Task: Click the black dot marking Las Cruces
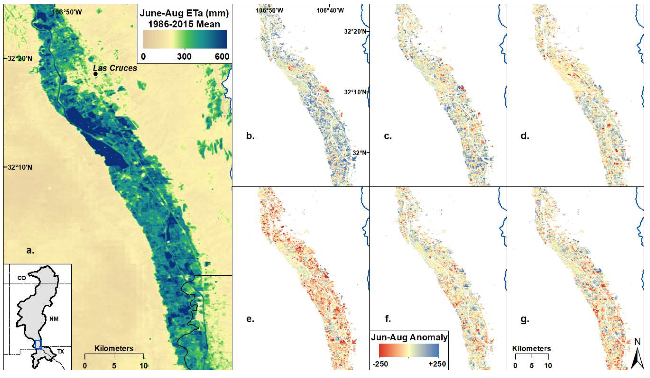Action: click(95, 74)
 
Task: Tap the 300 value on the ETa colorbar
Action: click(184, 56)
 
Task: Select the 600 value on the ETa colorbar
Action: click(222, 56)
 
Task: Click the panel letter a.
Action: click(30, 250)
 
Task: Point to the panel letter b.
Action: click(250, 136)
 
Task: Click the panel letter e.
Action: click(250, 319)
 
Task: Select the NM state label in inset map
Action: click(54, 319)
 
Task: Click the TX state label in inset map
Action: click(60, 351)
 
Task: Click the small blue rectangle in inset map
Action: click(38, 344)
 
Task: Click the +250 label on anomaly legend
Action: click(437, 364)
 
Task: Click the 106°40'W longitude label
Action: click(330, 10)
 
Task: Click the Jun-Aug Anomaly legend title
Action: click(409, 337)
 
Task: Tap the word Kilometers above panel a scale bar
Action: click(114, 349)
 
